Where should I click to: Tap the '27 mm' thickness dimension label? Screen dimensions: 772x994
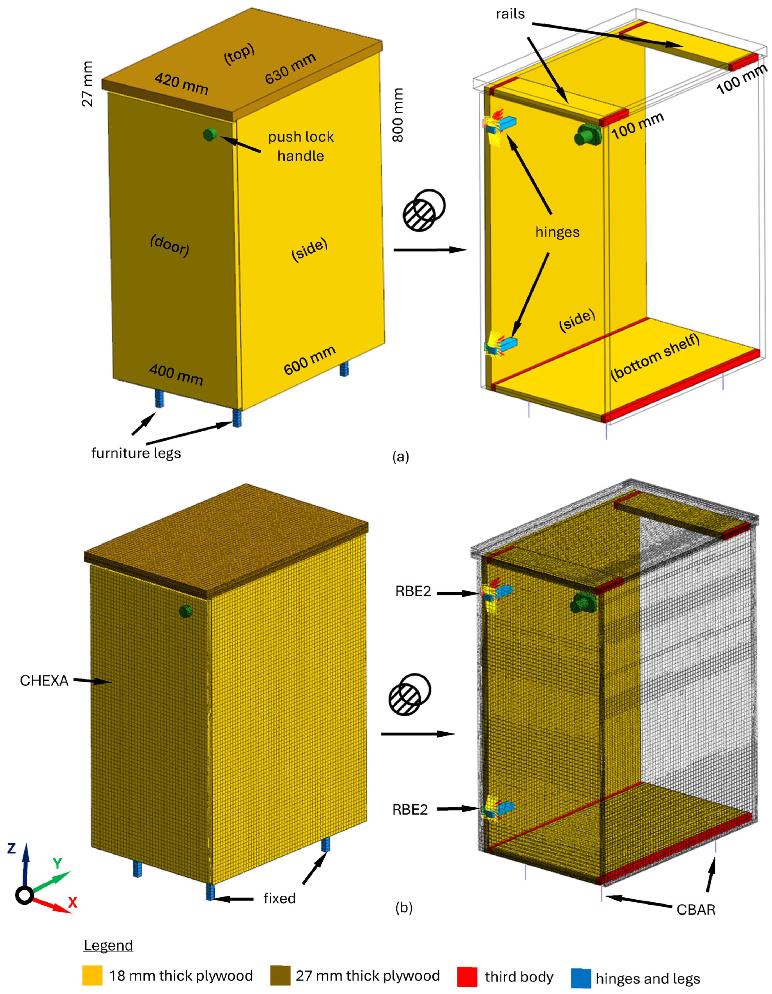pyautogui.click(x=87, y=84)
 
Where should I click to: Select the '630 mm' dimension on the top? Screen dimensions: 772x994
pyautogui.click(x=290, y=69)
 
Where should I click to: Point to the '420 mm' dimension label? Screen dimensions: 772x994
pyautogui.click(x=181, y=84)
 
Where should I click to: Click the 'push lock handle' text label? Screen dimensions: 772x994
pyautogui.click(x=301, y=146)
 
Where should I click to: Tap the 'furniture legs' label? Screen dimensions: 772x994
pyautogui.click(x=136, y=453)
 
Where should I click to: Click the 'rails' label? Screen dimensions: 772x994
pyautogui.click(x=510, y=14)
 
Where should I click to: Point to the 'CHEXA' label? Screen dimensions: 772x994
pyautogui.click(x=44, y=680)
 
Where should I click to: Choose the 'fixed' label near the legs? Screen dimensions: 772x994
pyautogui.click(x=280, y=898)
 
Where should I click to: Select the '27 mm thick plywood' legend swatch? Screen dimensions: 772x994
pyautogui.click(x=280, y=976)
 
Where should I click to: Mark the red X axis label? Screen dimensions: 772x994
pyautogui.click(x=72, y=902)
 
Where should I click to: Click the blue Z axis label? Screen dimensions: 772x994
pyautogui.click(x=11, y=848)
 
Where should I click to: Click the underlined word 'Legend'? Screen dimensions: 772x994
pyautogui.click(x=108, y=945)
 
